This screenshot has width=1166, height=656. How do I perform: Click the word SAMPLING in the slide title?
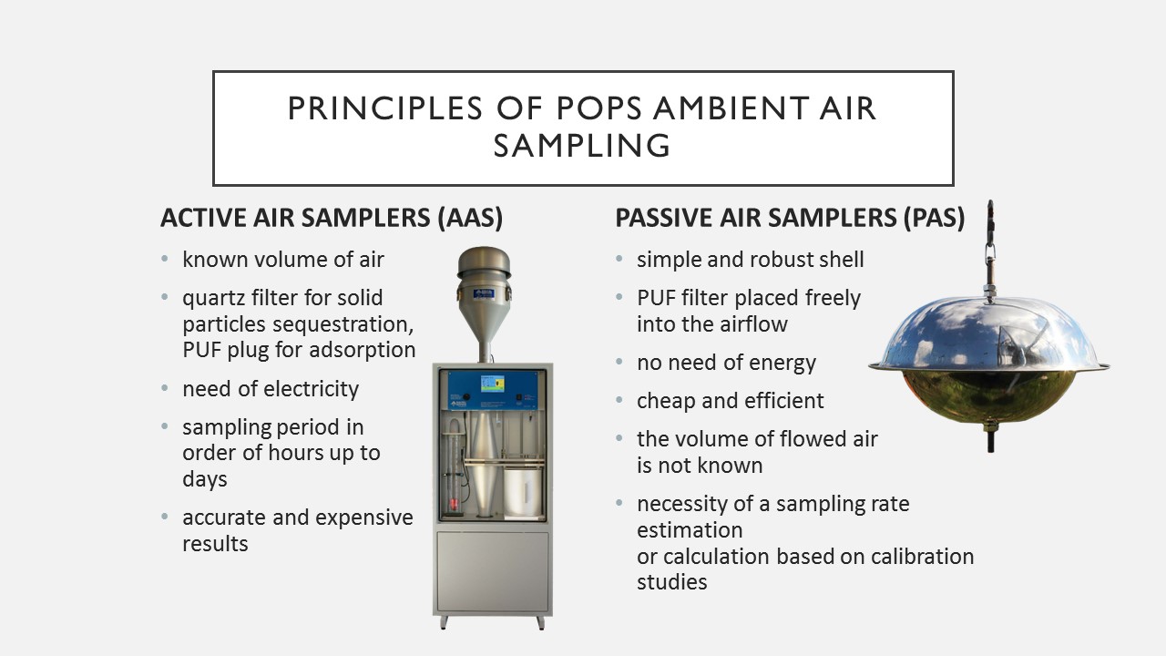tap(582, 145)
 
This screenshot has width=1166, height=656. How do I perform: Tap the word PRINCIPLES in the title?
tap(385, 108)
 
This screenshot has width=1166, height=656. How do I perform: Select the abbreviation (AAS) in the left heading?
tap(470, 218)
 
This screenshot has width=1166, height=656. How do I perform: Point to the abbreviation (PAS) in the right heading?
tap(934, 218)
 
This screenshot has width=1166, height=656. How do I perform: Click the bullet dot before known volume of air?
tap(165, 258)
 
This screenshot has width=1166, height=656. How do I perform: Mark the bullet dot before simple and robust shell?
tap(619, 258)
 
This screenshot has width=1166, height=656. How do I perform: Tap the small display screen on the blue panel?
tap(492, 384)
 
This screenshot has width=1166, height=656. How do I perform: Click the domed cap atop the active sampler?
tap(484, 262)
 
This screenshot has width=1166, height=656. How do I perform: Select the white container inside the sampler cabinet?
tap(523, 492)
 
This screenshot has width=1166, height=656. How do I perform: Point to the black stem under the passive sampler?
tap(990, 440)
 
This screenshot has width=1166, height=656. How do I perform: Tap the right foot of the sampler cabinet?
tap(540, 622)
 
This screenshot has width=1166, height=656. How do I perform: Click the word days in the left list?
tap(205, 479)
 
